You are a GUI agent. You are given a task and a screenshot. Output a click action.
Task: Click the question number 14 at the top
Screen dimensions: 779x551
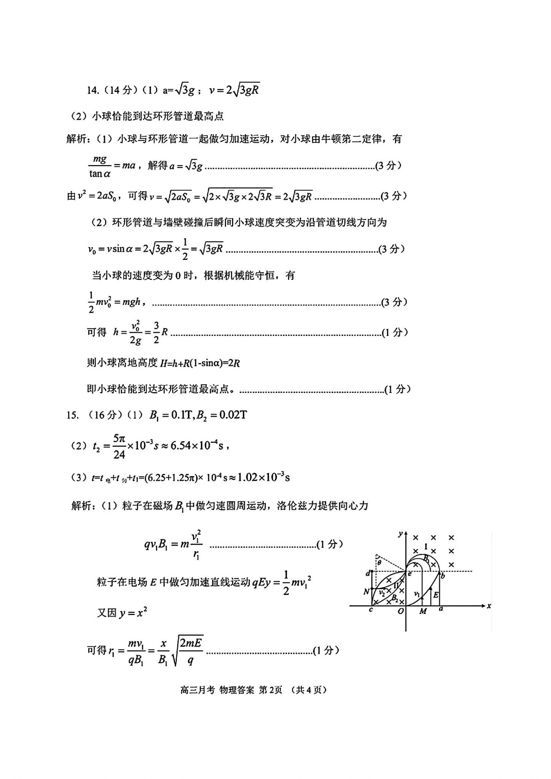point(92,90)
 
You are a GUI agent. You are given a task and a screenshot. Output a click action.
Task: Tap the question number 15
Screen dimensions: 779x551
point(72,415)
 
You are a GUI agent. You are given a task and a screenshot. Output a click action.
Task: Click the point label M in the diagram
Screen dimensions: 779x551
point(423,612)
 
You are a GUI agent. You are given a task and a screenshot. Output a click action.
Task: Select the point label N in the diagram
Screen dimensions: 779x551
point(366,592)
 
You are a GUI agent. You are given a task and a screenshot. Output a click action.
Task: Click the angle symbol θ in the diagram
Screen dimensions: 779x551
point(379,562)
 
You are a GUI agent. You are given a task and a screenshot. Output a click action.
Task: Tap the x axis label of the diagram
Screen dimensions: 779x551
point(489,606)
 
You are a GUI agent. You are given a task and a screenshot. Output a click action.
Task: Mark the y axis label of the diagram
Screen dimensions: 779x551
point(400,534)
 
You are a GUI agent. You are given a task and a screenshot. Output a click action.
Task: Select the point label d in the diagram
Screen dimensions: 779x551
point(368,573)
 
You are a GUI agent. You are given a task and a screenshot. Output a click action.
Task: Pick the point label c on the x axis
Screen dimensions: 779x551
point(371,610)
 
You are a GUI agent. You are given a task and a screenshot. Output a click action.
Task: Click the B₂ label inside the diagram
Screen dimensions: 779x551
point(395,598)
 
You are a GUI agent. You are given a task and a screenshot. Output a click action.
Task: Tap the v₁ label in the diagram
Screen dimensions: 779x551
point(417,593)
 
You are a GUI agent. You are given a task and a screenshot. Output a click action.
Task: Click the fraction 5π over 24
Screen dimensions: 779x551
point(119,447)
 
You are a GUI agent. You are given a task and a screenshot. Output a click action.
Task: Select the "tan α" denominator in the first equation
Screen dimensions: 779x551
point(100,174)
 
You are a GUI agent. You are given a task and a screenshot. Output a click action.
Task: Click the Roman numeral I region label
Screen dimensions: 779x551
point(426,547)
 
